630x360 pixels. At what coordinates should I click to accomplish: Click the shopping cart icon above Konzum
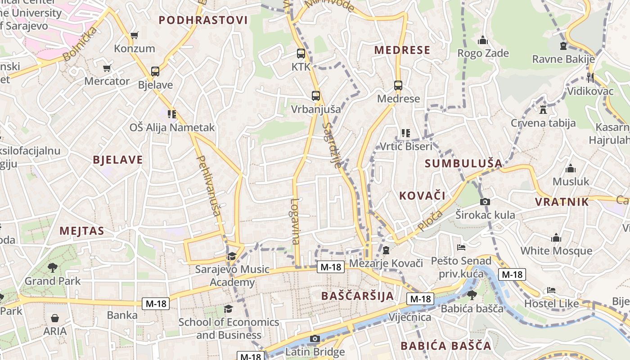click(x=134, y=35)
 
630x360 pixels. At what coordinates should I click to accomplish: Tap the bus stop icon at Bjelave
click(x=155, y=71)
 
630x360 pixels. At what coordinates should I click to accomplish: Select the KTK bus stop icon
click(x=301, y=54)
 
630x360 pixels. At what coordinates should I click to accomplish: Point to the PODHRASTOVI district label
click(x=203, y=20)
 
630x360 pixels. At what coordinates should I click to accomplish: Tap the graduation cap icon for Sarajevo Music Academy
click(x=232, y=256)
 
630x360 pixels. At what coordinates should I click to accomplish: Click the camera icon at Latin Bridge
click(x=315, y=339)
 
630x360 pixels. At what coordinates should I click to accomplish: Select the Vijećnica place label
click(x=409, y=317)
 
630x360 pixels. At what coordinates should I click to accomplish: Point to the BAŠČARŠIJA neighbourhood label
click(x=358, y=296)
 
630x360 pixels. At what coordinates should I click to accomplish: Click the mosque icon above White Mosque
click(x=556, y=238)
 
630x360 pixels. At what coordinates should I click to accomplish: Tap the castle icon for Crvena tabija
click(x=543, y=109)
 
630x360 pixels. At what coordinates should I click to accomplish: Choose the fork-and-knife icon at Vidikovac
click(x=590, y=77)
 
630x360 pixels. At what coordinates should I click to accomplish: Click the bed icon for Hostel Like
click(x=551, y=290)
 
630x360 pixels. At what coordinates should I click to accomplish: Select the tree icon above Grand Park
click(x=53, y=268)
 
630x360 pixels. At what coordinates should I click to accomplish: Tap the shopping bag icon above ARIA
click(x=55, y=318)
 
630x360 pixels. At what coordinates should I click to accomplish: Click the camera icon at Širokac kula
click(x=485, y=202)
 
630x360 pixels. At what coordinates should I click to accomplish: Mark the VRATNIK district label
click(x=562, y=202)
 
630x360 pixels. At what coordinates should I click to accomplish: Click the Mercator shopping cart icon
click(x=107, y=68)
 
